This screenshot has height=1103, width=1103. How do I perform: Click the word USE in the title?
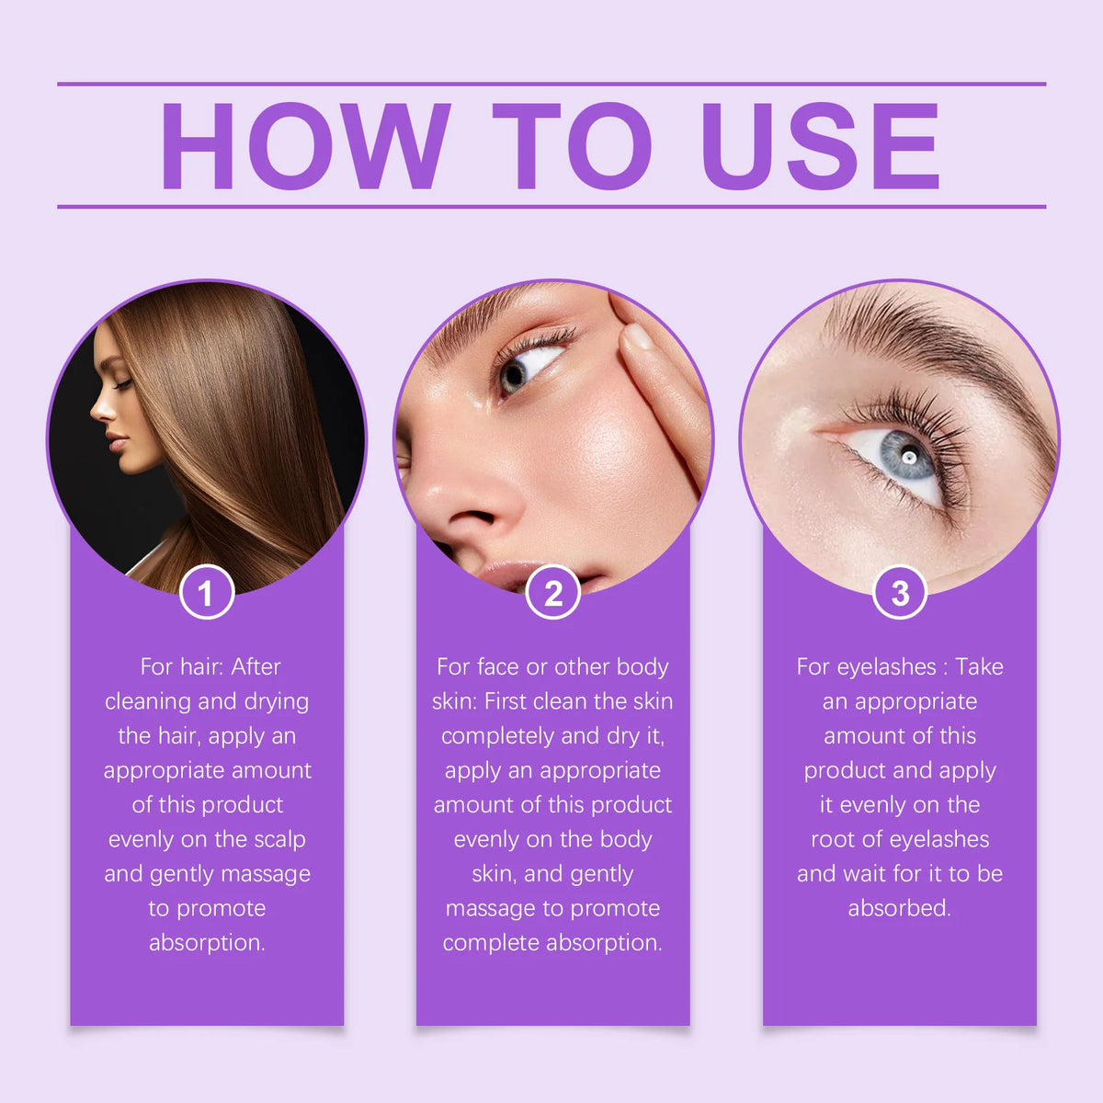point(821,146)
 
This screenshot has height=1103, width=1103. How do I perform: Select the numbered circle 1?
point(207,593)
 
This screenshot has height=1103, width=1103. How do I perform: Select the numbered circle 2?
point(552,593)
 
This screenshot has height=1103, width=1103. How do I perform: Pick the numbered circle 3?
point(899,593)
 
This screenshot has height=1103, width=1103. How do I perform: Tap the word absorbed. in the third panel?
point(899,908)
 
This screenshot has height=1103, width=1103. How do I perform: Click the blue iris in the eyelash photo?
point(906,456)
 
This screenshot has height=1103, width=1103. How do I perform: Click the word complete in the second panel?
point(492,943)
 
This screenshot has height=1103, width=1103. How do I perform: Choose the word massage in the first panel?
point(266,874)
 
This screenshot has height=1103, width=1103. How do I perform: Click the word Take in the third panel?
point(979,666)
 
